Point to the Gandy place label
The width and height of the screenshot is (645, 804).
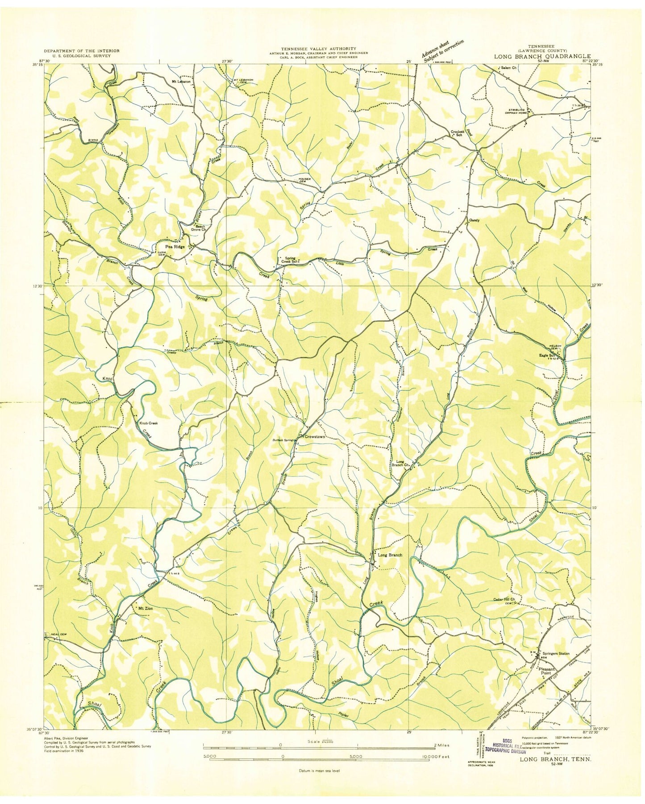coord(474,220)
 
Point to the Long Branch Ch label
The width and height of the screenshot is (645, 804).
coord(401,463)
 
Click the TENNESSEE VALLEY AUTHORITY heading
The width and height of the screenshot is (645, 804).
coord(318,48)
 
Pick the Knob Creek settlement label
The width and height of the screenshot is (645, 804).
coord(149,423)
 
